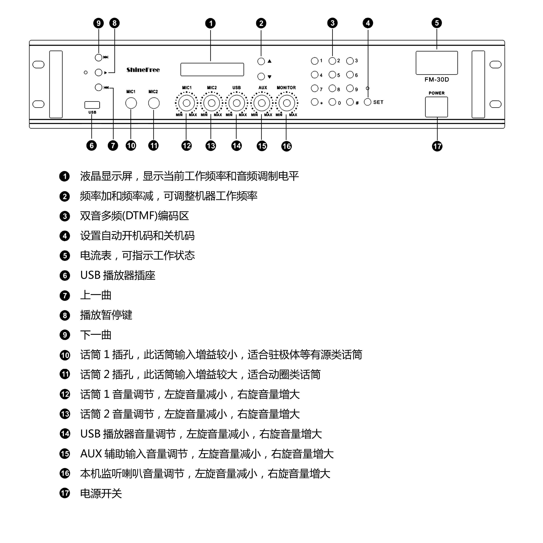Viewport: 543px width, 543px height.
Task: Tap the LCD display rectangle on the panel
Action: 212,69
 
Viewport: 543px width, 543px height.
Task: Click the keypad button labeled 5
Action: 332,74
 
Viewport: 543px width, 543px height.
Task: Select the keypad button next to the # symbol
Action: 350,102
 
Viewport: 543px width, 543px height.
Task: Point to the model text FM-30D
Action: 437,80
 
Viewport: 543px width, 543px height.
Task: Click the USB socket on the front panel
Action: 92,105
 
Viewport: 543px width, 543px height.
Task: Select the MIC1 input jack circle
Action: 131,103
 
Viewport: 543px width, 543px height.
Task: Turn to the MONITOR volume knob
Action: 287,103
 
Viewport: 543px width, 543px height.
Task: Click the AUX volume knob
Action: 262,103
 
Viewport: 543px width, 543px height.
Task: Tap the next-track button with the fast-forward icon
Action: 98,57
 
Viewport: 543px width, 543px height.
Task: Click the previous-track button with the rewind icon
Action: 98,87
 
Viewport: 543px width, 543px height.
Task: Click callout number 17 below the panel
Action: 437,146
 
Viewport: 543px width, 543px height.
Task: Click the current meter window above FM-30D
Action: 437,63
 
